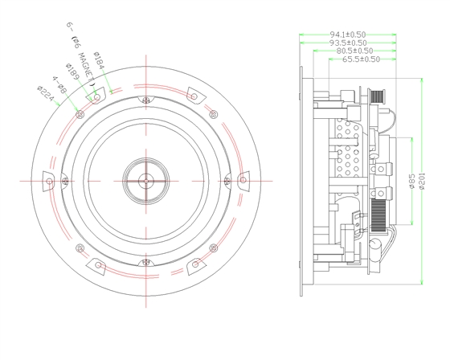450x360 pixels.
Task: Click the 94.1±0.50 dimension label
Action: coord(348,35)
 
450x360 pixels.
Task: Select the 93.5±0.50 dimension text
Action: coord(349,43)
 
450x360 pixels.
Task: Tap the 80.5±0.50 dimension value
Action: coord(354,51)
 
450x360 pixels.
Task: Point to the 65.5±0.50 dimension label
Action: coord(362,59)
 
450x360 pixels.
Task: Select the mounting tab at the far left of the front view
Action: coord(50,180)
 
